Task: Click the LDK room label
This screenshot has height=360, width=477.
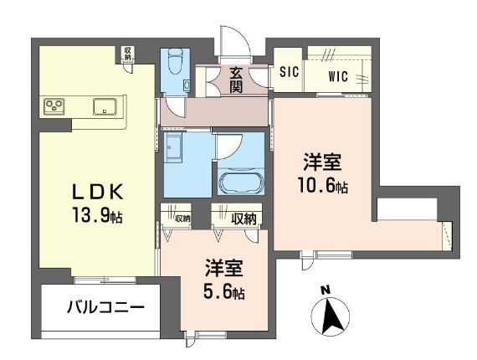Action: click(97, 192)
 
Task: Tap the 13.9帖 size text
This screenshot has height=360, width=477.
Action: click(97, 214)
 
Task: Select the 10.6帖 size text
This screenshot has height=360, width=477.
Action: click(323, 185)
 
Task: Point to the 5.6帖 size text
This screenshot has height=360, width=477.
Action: click(224, 291)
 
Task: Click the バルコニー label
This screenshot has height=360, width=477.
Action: click(105, 308)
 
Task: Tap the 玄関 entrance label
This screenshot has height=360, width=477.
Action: click(236, 80)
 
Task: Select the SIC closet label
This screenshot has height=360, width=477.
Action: click(290, 72)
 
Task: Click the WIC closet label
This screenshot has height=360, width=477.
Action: click(338, 76)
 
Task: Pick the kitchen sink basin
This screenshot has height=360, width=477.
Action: click(105, 106)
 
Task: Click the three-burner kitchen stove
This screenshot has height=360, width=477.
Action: click(54, 106)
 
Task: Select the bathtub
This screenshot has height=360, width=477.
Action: click(240, 183)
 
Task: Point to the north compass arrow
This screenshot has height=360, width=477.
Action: click(331, 316)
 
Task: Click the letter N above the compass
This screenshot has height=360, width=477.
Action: click(326, 291)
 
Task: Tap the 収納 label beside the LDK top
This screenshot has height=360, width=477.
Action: click(127, 53)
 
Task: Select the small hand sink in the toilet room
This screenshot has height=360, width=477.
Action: click(187, 85)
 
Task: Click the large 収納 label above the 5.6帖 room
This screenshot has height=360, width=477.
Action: click(244, 219)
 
